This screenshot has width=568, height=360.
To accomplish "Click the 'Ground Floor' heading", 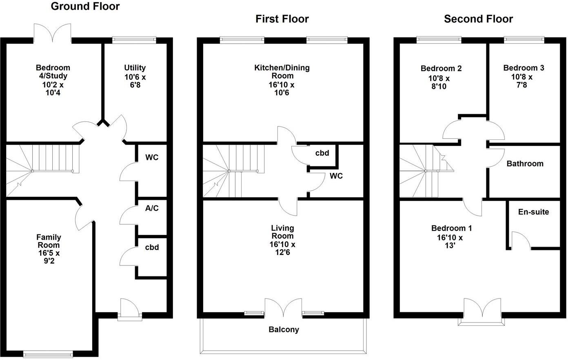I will (85, 7).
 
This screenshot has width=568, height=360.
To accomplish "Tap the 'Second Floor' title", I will (478, 19).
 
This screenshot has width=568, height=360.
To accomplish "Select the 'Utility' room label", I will (135, 68).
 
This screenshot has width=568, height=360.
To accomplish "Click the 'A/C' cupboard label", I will (152, 208).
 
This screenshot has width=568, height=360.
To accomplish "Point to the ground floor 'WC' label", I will (152, 157).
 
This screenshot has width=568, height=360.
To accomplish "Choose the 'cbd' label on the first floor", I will (322, 153).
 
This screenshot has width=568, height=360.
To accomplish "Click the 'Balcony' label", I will (284, 329).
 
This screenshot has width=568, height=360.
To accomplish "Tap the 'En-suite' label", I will (533, 212).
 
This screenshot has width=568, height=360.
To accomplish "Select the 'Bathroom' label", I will (525, 163).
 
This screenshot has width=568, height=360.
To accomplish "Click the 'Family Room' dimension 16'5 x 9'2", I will (49, 257).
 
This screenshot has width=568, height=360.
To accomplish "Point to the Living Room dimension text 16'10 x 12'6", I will (282, 248).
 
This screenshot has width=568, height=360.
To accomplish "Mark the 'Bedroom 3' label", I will (524, 68).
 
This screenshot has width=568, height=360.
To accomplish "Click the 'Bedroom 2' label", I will (441, 68).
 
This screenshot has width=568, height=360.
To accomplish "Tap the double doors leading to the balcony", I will (284, 308).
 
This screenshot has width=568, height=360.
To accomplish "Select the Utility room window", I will (134, 40).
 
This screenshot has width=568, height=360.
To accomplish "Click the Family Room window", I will (48, 354).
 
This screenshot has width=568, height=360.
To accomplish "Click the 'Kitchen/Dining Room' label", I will (282, 72).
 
